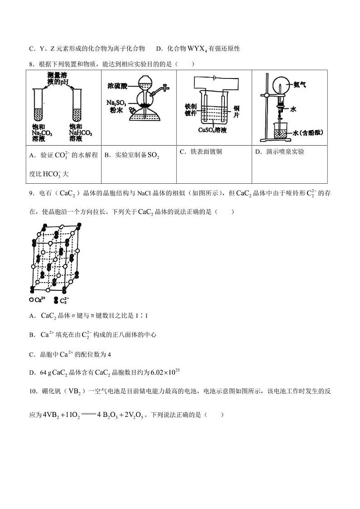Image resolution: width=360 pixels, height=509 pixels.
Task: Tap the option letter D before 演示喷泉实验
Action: click(257, 152)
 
